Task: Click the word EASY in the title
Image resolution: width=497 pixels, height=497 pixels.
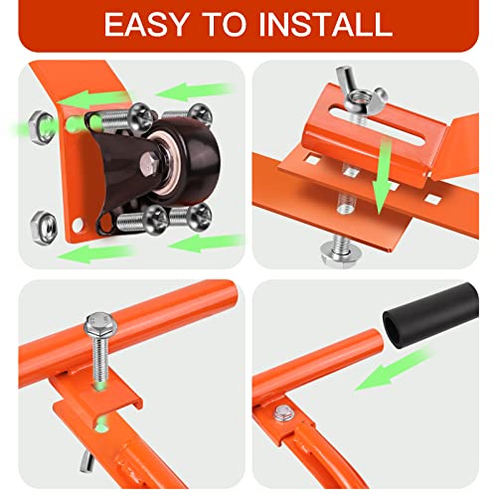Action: (x=151, y=25)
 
